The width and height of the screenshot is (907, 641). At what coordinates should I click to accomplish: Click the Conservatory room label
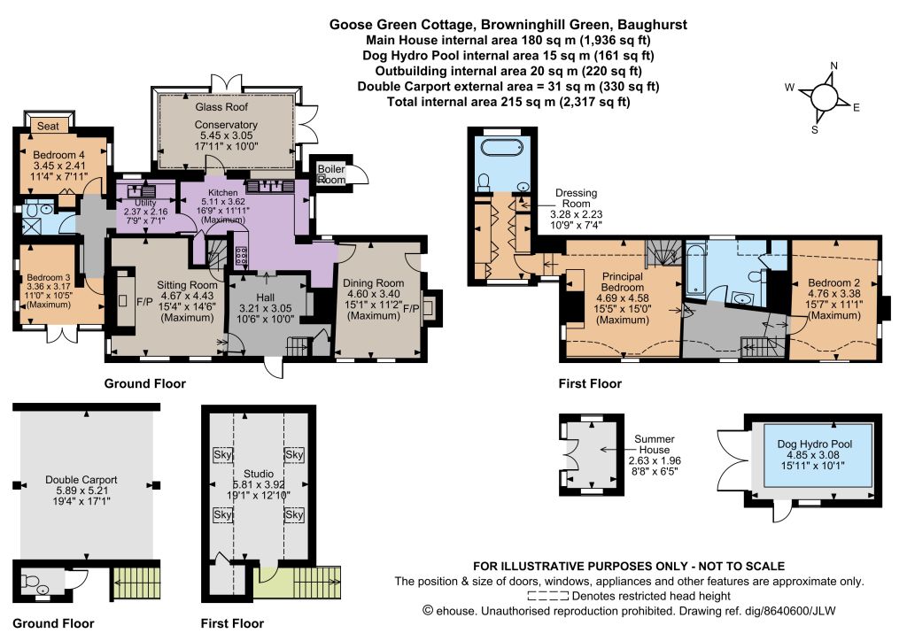pyautogui.click(x=226, y=124)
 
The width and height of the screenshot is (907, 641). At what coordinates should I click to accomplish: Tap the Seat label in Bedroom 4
pyautogui.click(x=48, y=126)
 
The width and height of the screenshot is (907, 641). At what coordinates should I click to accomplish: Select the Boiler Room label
pyautogui.click(x=331, y=174)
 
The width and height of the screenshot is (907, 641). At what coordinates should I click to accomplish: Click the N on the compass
pyautogui.click(x=833, y=66)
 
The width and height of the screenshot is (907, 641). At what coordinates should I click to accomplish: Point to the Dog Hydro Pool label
pyautogui.click(x=815, y=444)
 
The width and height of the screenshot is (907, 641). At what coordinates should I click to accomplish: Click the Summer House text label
pyautogui.click(x=655, y=444)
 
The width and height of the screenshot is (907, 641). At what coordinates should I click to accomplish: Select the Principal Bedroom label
pyautogui.click(x=623, y=282)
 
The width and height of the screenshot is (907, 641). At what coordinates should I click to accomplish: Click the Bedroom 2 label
pyautogui.click(x=833, y=282)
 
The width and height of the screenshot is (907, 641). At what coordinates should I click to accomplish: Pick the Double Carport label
pyautogui.click(x=81, y=480)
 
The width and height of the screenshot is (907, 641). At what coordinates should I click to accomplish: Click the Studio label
pyautogui.click(x=259, y=474)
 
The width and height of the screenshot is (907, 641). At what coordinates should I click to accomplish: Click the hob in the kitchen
pyautogui.click(x=241, y=255)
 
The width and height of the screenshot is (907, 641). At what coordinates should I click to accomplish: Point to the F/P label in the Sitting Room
pyautogui.click(x=144, y=302)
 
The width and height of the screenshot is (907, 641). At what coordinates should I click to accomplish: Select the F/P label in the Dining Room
pyautogui.click(x=411, y=308)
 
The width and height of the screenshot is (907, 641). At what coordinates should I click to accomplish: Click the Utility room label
pyautogui.click(x=145, y=202)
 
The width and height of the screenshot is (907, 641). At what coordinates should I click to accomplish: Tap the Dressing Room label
pyautogui.click(x=576, y=197)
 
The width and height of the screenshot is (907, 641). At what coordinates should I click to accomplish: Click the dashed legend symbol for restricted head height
pyautogui.click(x=547, y=596)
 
